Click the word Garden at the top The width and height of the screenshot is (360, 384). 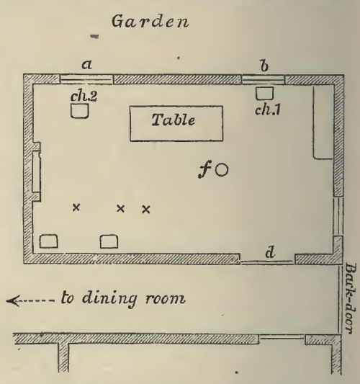150,22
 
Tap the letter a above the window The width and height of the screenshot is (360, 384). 86,65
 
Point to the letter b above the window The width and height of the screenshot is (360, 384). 264,66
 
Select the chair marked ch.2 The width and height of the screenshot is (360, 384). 80,111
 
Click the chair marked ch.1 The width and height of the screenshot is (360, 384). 264,94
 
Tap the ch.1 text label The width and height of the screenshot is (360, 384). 267,110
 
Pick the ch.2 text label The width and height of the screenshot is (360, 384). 84,97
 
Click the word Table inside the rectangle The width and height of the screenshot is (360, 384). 174,120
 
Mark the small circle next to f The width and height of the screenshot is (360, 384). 222,170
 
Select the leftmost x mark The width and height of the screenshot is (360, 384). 76,207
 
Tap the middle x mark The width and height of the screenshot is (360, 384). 120,208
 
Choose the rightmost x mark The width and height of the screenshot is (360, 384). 146,210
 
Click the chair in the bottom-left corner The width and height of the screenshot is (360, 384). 49,241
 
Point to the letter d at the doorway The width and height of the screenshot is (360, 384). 270,252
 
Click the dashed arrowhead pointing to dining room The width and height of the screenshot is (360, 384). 13,300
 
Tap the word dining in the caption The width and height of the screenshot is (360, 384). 109,298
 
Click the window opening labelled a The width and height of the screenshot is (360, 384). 86,79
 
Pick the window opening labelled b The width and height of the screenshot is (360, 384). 264,79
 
